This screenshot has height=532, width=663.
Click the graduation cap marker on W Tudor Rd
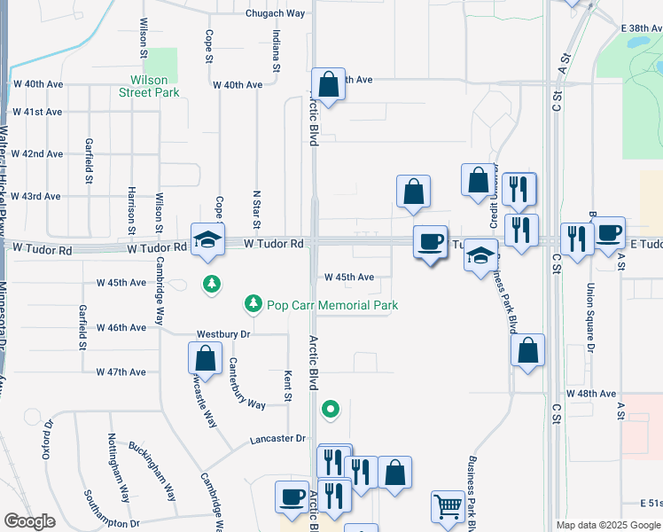pyautogui.click(x=207, y=239)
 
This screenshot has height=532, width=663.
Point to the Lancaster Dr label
pyautogui.click(x=277, y=438)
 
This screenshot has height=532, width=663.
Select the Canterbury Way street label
pyautogui.click(x=247, y=383)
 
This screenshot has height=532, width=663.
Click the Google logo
pyautogui.click(x=29, y=521)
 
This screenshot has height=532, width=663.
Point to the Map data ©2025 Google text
pyautogui.click(x=607, y=525)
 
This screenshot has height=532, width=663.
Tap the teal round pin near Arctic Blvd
pyautogui.click(x=330, y=409)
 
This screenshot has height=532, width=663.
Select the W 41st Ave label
pyautogui.click(x=37, y=112)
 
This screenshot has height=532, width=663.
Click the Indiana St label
pyautogui.click(x=277, y=51)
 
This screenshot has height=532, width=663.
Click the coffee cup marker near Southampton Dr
pyautogui.click(x=291, y=497)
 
